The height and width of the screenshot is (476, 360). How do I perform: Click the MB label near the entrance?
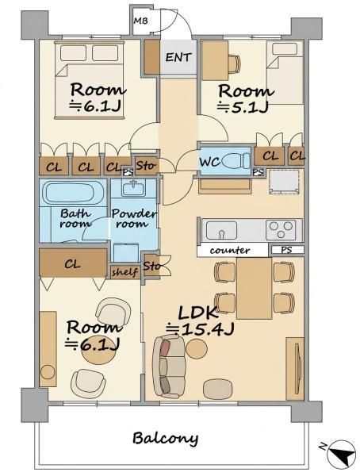pos(141,21)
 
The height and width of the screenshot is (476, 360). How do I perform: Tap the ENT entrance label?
pos(178,57)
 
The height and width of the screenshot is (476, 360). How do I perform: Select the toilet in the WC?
pos(236,160)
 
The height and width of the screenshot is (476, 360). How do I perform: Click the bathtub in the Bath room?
pos(75,193)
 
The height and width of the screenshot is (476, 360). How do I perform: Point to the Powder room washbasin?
pos(133,188)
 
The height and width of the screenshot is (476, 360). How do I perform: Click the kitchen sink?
pos(221,230)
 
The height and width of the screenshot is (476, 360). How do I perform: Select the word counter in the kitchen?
pos(230,251)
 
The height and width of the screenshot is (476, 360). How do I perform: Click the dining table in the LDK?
pos(254,288)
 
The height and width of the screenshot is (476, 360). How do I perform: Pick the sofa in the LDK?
pos(169,367)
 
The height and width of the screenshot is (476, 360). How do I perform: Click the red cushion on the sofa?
pos(166,347)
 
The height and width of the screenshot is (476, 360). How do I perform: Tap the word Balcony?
pos(166,439)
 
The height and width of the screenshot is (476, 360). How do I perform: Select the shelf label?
pos(124,272)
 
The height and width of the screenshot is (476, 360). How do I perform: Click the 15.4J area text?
pos(200,329)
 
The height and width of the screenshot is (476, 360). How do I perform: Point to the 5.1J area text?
pos(243,107)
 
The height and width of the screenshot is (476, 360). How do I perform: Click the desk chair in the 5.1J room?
pos(234,64)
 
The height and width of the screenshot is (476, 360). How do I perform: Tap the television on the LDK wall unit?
pos(299,368)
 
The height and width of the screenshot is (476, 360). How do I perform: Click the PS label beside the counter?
pos(286,250)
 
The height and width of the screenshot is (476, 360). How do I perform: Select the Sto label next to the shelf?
pos(151,267)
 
